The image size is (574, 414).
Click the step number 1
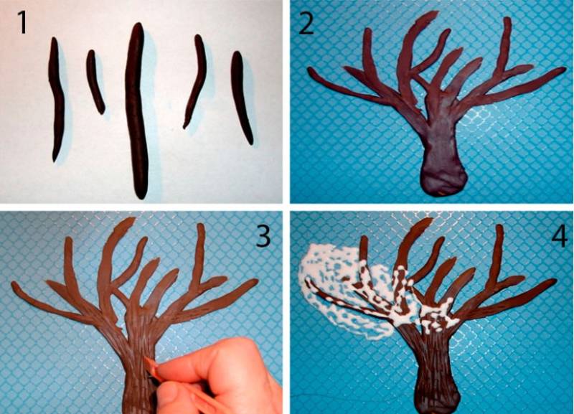pyautogui.click(x=22, y=23)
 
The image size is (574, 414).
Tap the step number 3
pyautogui.click(x=263, y=235)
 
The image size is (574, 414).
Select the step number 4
pyautogui.click(x=559, y=235)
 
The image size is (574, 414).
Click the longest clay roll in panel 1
pyautogui.click(x=137, y=110)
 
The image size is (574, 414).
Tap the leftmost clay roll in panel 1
pyautogui.click(x=56, y=99)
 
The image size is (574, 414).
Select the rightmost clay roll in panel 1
pyautogui.click(x=241, y=97)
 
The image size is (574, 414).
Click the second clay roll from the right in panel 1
pyautogui.click(x=196, y=81)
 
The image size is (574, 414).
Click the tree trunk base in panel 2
pyautogui.click(x=443, y=179)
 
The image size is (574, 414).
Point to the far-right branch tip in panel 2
pyautogui.click(x=564, y=69)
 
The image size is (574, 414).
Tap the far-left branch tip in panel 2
pyautogui.click(x=311, y=70)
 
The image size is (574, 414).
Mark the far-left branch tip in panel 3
pyautogui.click(x=14, y=284)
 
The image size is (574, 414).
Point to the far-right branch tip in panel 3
pyautogui.click(x=255, y=281)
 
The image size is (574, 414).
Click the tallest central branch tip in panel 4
pyautogui.click(x=429, y=220)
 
